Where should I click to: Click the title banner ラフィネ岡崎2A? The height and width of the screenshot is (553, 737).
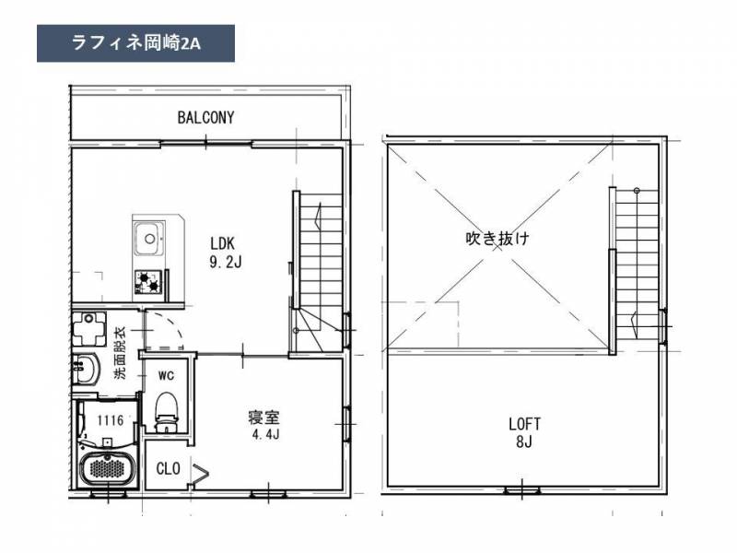coord(135,43)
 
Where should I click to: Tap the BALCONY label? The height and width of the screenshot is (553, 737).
coord(205,118)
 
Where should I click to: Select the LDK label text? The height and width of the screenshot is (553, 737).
coord(222,243)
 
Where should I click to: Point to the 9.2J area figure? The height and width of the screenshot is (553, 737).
coord(226,262)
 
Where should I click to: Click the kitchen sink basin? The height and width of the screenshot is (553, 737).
coord(149,238)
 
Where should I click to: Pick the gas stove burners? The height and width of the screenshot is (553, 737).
coord(148,281)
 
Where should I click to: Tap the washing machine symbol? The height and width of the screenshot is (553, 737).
coord(88,329)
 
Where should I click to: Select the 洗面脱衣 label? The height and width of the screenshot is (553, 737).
coord(121,353)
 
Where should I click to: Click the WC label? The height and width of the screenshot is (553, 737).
coord(166,376)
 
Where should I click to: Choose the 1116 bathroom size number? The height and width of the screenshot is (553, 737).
coord(110,420)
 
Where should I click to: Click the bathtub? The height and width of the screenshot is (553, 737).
coord(107,468)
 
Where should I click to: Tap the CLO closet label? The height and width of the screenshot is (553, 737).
coord(169,469)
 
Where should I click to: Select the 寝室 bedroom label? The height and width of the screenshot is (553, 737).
coord(263,418)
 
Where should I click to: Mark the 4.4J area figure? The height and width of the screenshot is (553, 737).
coord(266,434)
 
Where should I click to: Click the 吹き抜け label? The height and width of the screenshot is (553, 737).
coord(497,238)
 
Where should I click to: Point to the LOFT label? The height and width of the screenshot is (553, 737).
coord(524,424)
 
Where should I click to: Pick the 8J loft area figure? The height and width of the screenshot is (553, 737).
coord(523,442)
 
